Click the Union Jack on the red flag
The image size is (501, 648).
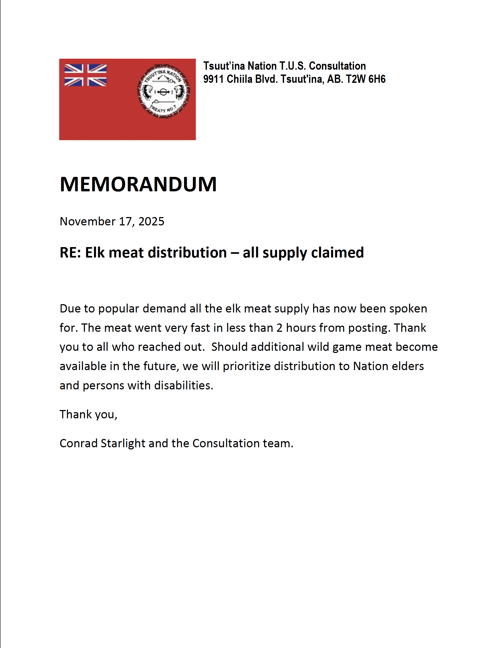(x=85, y=75)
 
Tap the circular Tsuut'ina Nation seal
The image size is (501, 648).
(x=163, y=91)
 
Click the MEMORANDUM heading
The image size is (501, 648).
(x=138, y=184)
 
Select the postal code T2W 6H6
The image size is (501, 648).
(x=365, y=79)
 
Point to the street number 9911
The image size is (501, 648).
(x=213, y=79)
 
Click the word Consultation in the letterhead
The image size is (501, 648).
(x=337, y=66)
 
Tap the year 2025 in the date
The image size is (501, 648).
(x=151, y=221)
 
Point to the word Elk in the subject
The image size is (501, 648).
(x=95, y=252)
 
